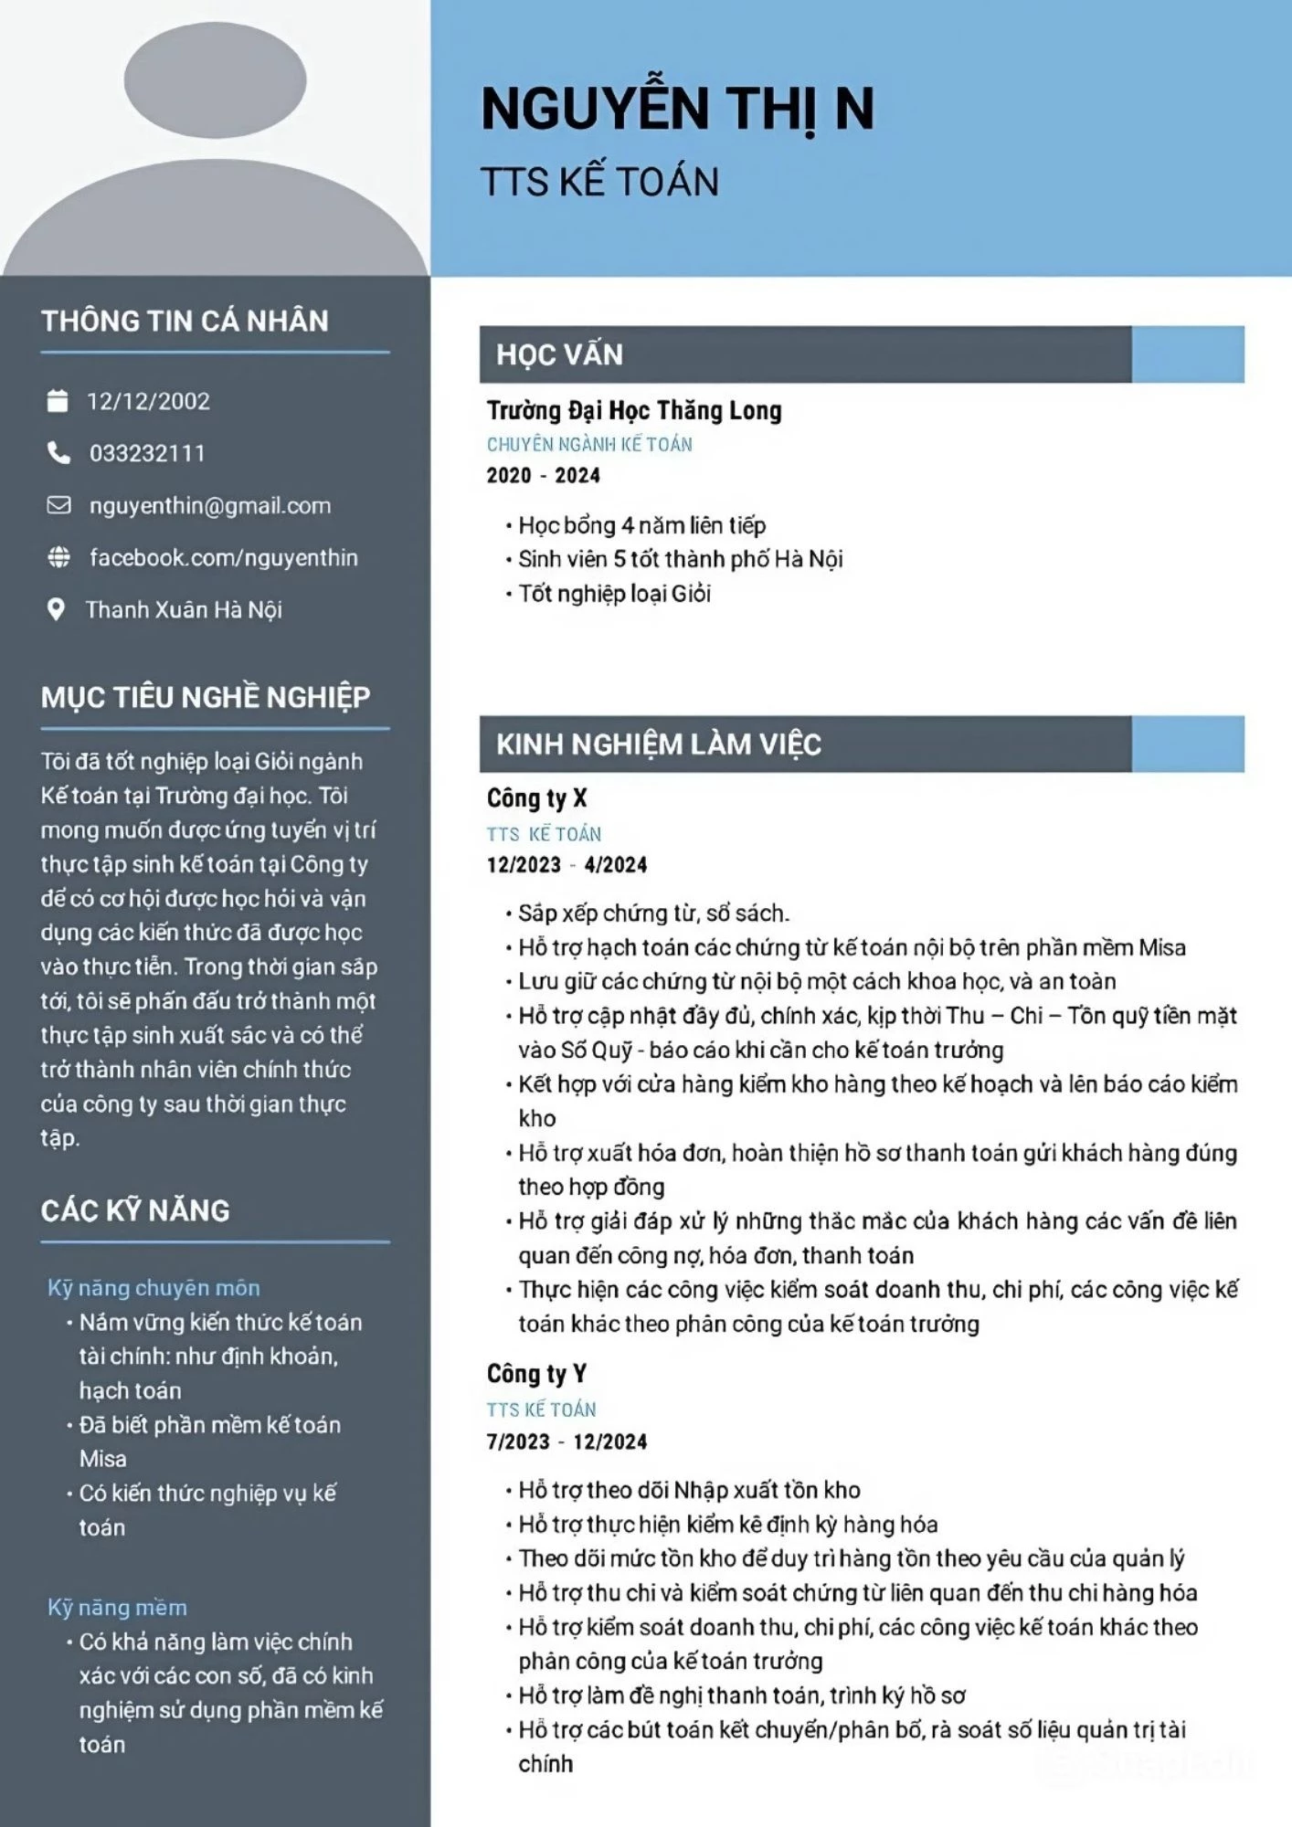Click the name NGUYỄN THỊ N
pyautogui.click(x=677, y=109)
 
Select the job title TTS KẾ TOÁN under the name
pyautogui.click(x=599, y=182)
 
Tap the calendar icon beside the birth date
pyautogui.click(x=58, y=401)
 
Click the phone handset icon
pyautogui.click(x=58, y=453)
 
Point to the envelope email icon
pyautogui.click(x=58, y=505)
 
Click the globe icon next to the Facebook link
pyautogui.click(x=58, y=557)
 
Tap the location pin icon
pyautogui.click(x=56, y=609)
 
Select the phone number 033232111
pyautogui.click(x=147, y=453)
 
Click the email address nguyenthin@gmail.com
pyautogui.click(x=210, y=505)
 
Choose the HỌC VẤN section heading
pyautogui.click(x=559, y=354)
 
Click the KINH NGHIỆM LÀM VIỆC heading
pyautogui.click(x=658, y=745)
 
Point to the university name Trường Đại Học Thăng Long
pyautogui.click(x=633, y=411)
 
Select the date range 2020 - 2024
pyautogui.click(x=543, y=475)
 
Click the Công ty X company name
pyautogui.click(x=536, y=798)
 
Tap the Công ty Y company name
pyautogui.click(x=536, y=1374)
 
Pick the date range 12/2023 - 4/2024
pyautogui.click(x=567, y=865)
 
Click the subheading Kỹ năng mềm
pyautogui.click(x=117, y=1608)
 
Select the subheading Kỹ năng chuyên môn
pyautogui.click(x=154, y=1288)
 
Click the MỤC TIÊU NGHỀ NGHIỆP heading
pyautogui.click(x=206, y=697)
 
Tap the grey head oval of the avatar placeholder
pyautogui.click(x=215, y=79)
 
